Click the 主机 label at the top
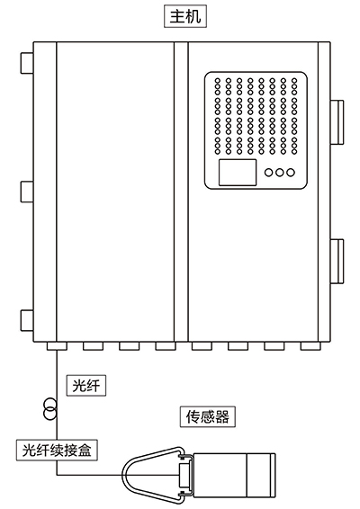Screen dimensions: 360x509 pos(185,16)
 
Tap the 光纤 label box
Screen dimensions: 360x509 pos(86,386)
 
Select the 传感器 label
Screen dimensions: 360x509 pos(208,416)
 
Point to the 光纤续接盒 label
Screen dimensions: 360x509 pos(57,450)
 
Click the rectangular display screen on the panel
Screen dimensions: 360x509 pos(238,173)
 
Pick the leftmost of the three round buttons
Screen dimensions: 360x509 pos(269,173)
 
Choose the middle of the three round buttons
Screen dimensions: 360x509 pos(280,173)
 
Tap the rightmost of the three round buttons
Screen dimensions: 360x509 pos(291,173)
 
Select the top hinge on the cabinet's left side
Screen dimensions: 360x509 pos(27,63)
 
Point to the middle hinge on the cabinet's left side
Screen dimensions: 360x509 pos(27,192)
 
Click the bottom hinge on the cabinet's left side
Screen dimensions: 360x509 pos(27,321)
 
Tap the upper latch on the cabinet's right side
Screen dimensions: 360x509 pos(337,121)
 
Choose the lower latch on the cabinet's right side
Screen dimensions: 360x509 pos(337,261)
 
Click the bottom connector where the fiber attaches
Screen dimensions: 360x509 pos(57,346)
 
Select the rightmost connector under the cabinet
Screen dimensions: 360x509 pos(310,346)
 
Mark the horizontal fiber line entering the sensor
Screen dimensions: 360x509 pos(118,475)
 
